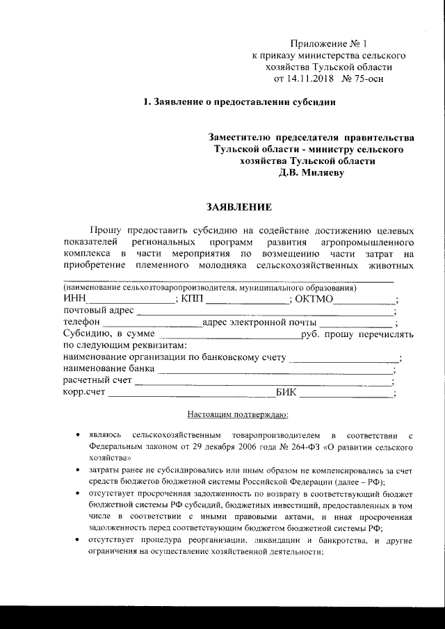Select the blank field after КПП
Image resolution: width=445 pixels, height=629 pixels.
click(248, 300)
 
